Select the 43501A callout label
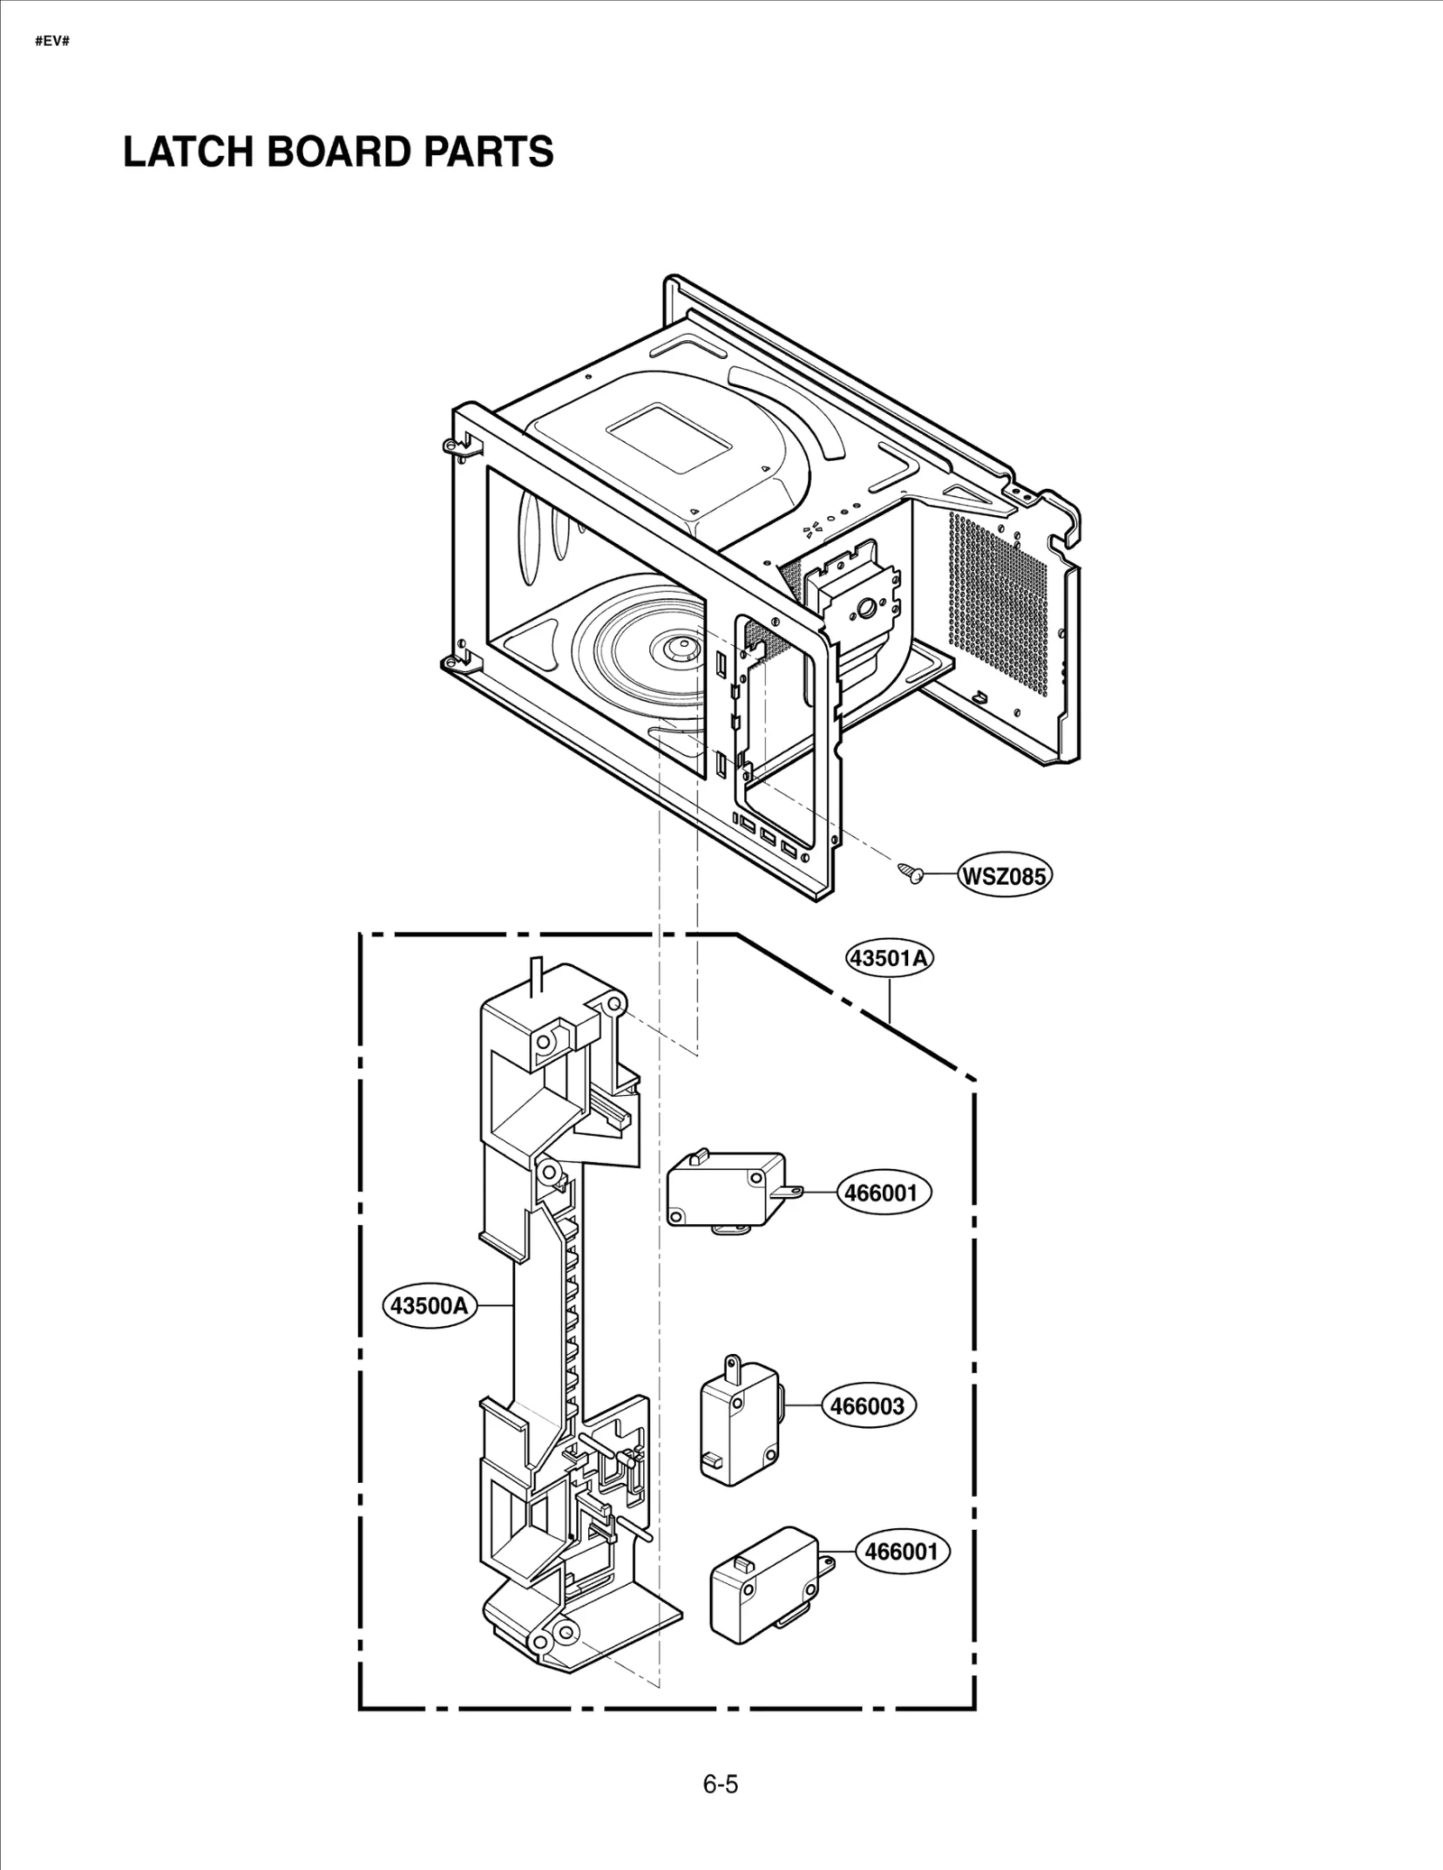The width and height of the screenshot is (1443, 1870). pos(888,958)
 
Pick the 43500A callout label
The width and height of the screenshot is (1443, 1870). pos(428,1305)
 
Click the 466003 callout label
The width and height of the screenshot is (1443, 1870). pos(868,1431)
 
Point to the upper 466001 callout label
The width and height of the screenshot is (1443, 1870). pos(880,1193)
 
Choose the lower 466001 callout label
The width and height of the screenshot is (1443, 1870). pos(902,1551)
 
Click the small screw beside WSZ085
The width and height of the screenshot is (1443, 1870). pos(910,872)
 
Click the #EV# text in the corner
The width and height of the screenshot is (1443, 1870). pos(51,41)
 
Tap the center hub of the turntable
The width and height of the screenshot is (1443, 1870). pos(678,647)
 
